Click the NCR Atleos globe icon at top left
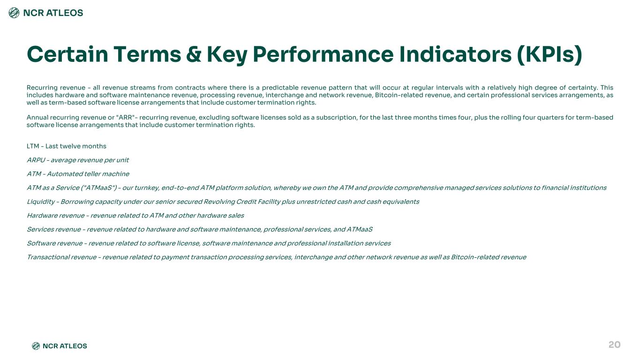pos(14,13)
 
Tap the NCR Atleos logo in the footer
pos(60,346)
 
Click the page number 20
pos(614,345)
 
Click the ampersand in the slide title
pos(194,54)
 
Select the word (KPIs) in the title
pos(549,55)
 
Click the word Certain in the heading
pos(68,54)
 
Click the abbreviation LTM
pos(33,146)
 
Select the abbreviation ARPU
pos(36,160)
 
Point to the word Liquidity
pos(41,202)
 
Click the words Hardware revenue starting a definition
pos(56,216)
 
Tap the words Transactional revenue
pos(62,257)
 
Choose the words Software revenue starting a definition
pos(54,243)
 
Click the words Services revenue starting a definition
pos(54,229)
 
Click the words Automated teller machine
pos(88,174)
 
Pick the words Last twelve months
pos(75,146)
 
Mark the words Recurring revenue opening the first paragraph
pos(56,88)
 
